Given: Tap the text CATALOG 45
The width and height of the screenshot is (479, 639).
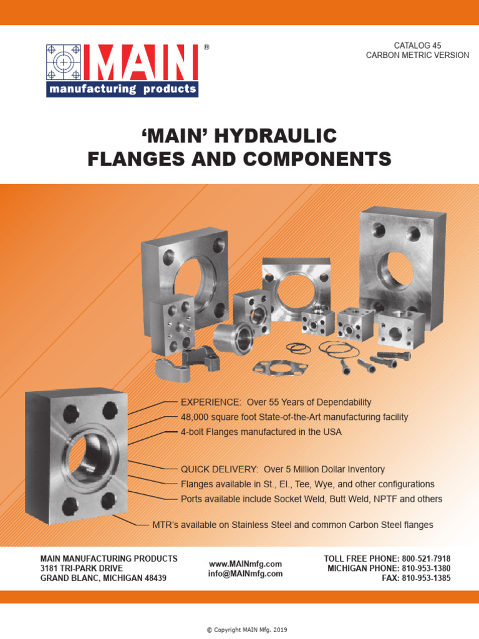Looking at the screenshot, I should click(417, 46).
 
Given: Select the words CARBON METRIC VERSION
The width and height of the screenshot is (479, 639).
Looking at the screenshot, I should click(417, 56).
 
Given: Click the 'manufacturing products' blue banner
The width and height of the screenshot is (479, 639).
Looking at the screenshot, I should click(122, 89).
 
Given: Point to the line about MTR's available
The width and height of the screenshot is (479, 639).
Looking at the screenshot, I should click(293, 525).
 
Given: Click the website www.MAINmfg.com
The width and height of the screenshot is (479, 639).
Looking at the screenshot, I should click(245, 563).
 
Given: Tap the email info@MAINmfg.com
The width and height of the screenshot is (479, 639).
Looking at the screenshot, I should click(245, 573).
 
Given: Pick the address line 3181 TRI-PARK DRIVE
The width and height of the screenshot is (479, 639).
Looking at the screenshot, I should click(82, 568).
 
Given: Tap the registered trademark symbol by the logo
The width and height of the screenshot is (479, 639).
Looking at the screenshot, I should click(206, 47).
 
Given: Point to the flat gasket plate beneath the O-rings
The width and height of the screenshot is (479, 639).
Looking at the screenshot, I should click(280, 366).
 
